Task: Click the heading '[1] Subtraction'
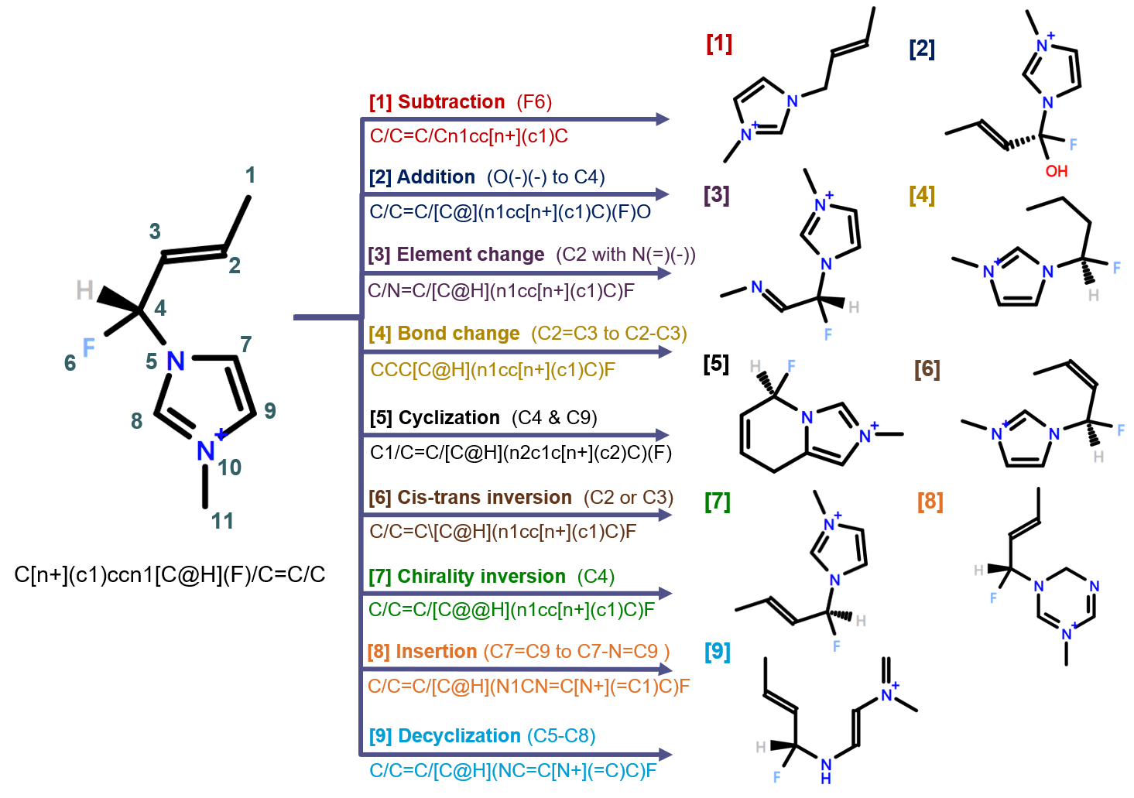click(437, 102)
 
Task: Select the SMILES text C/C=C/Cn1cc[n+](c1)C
click(468, 136)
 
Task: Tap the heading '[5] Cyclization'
click(434, 418)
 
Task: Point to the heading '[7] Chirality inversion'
click(467, 577)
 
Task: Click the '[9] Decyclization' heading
click(444, 736)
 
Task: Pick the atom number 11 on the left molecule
click(223, 521)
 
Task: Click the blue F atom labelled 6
click(88, 348)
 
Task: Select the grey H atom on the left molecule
click(84, 291)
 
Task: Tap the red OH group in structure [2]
click(1056, 171)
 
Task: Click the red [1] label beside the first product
click(719, 43)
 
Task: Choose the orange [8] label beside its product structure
click(930, 502)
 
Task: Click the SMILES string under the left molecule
click(170, 575)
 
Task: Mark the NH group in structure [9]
click(826, 770)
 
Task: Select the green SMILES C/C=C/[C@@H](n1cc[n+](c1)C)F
click(511, 610)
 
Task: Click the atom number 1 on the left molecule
click(250, 175)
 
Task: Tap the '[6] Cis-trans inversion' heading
click(470, 498)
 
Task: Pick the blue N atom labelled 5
click(176, 361)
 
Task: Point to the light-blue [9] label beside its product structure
click(717, 652)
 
